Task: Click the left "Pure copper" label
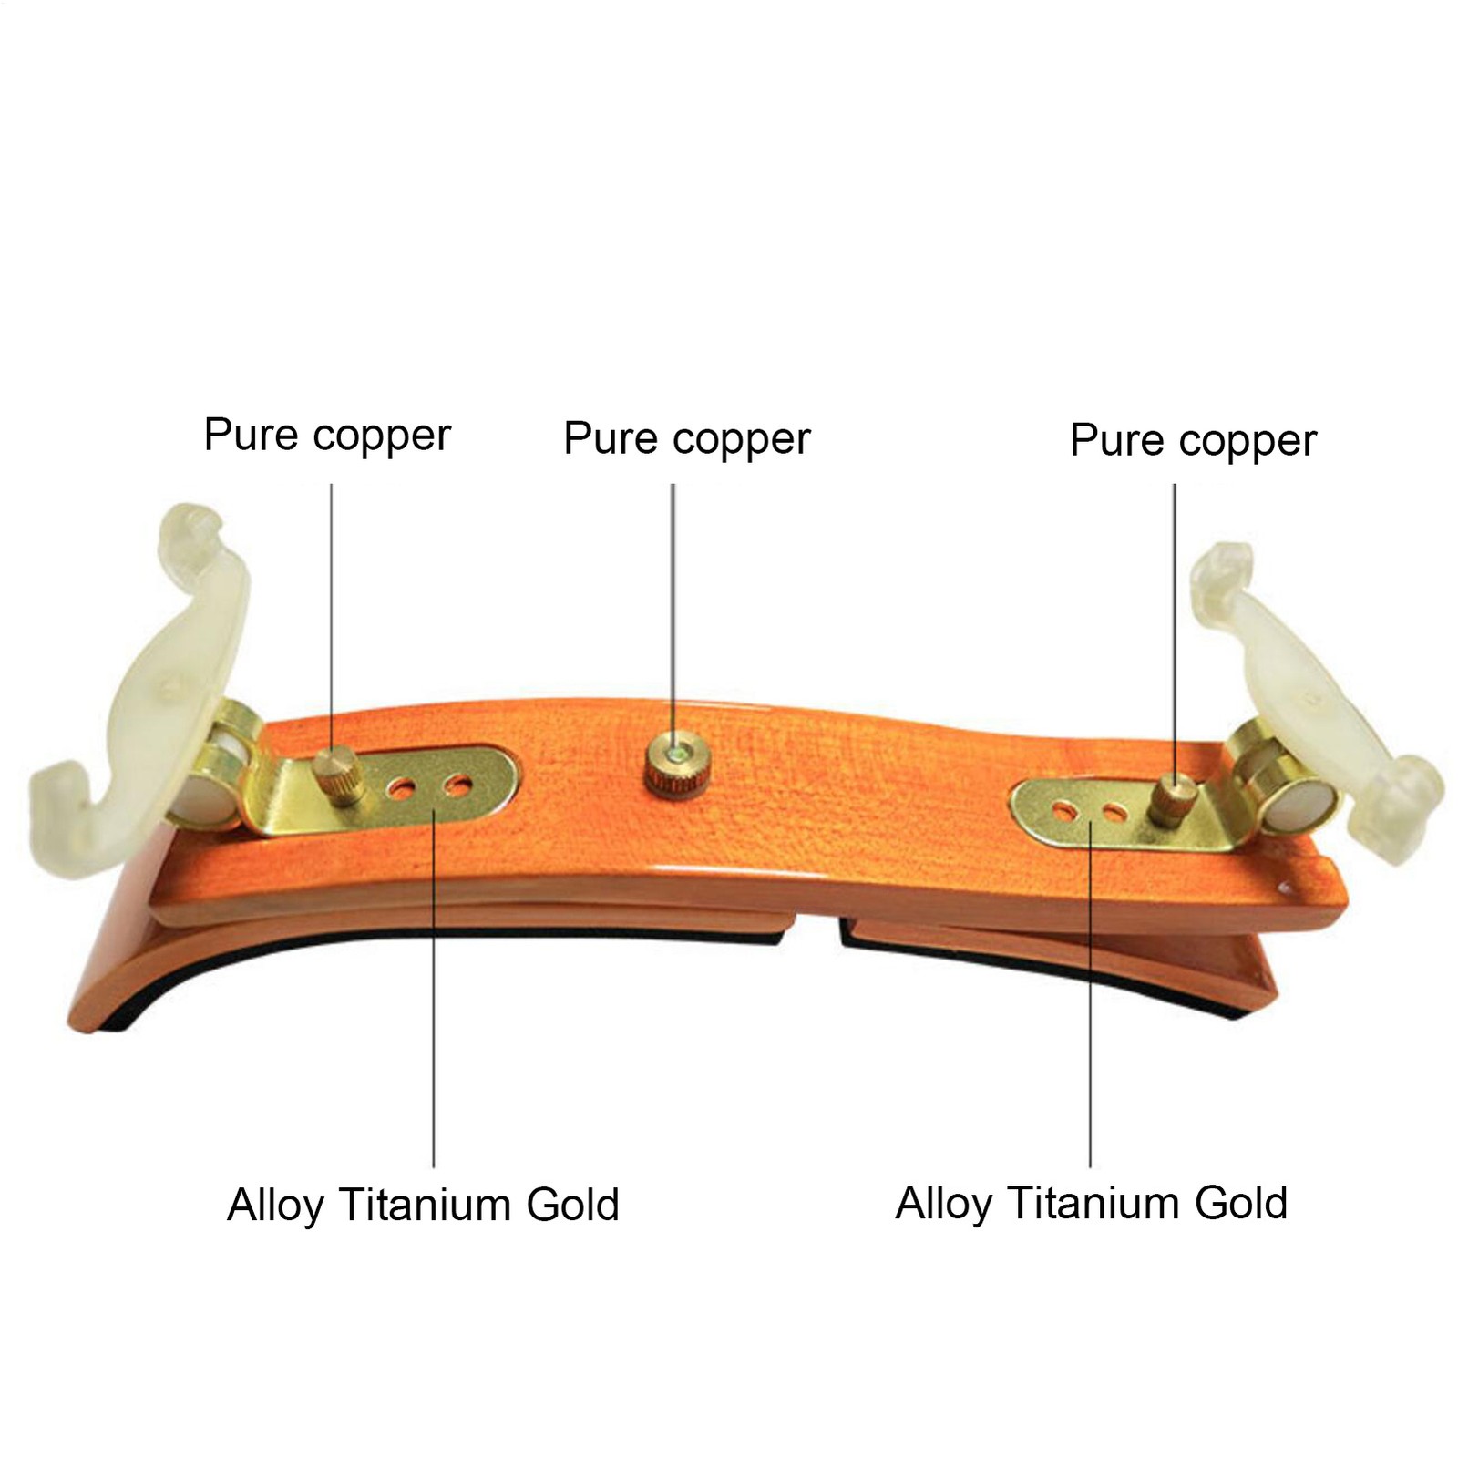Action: (327, 435)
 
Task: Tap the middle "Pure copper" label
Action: (686, 438)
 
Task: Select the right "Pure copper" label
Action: (1193, 441)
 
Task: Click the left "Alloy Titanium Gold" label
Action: (423, 1204)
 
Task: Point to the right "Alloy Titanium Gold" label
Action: (1091, 1202)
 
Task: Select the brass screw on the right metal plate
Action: (1172, 799)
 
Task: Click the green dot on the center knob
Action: (673, 753)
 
